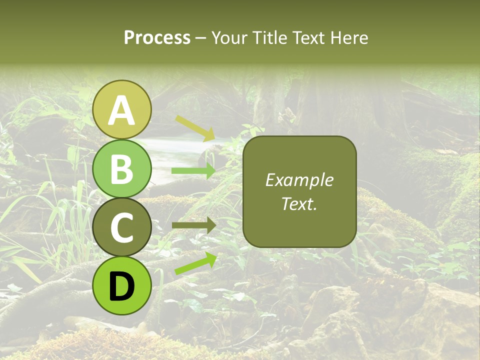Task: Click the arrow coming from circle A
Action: coord(195,127)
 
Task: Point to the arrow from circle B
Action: coord(193,171)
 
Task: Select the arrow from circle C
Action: coord(193,225)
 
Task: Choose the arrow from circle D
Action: coord(195,263)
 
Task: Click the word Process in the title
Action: coord(157,38)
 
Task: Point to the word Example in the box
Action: coord(299,180)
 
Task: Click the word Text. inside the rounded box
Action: coord(299,203)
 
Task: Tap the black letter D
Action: coord(122,286)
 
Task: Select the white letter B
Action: coord(122,169)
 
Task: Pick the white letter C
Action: coord(122,227)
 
